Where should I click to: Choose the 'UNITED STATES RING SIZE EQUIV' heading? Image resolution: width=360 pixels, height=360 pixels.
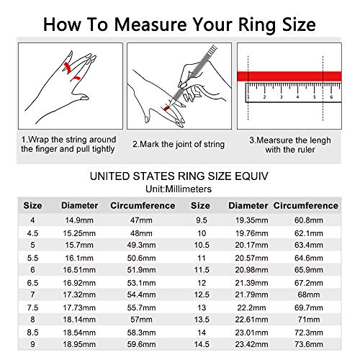(180, 176)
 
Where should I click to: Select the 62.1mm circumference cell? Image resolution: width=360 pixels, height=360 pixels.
(323, 233)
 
